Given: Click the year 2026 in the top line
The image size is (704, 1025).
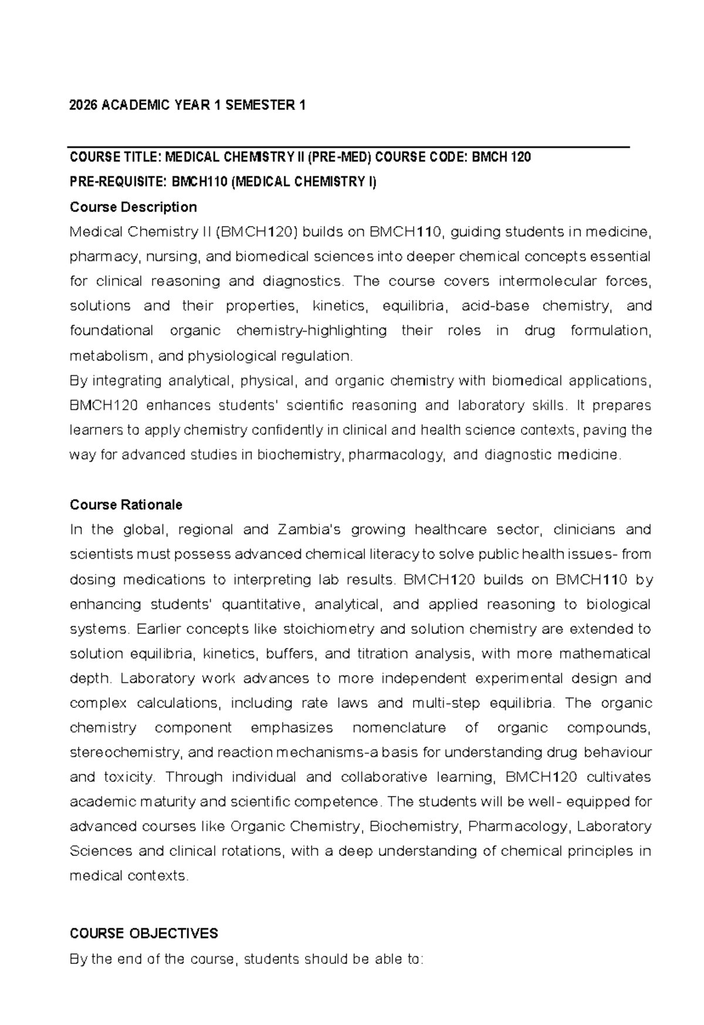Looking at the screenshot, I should click(83, 106).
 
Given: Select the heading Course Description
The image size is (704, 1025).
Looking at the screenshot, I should click(133, 207).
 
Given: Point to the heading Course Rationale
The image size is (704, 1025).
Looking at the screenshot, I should click(126, 505).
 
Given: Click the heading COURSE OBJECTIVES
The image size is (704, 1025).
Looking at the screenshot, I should click(144, 934).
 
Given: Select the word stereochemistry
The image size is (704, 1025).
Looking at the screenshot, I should click(126, 753).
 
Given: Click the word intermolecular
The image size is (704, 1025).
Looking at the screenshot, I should click(542, 282).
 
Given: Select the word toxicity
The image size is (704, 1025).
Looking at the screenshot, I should click(128, 777).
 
